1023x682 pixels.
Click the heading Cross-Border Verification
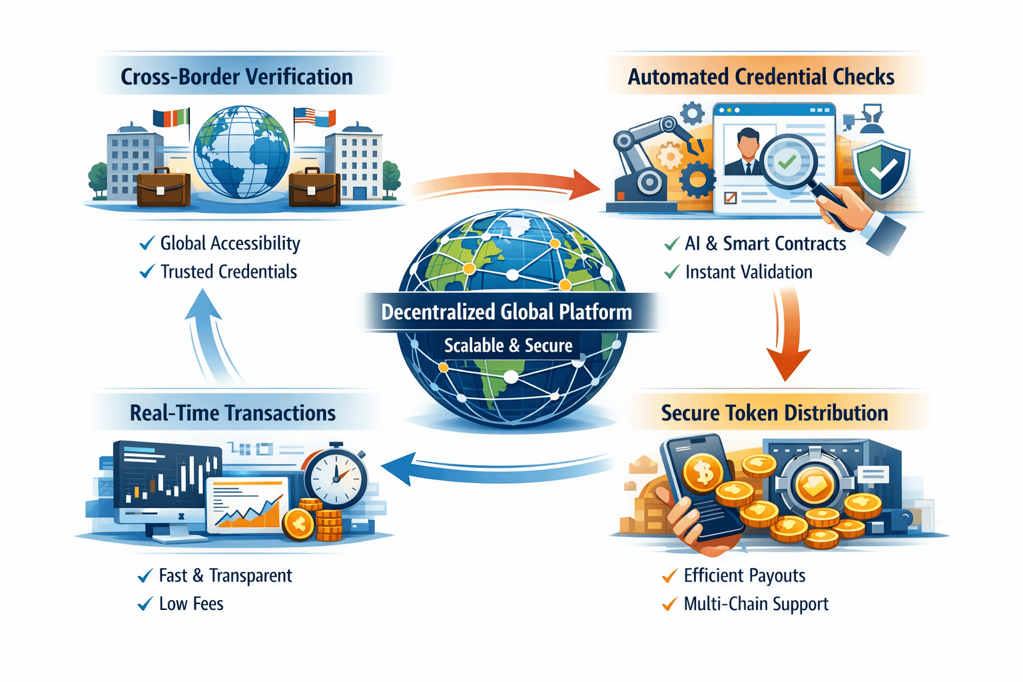[x=236, y=77]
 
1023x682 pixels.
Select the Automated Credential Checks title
[x=761, y=77]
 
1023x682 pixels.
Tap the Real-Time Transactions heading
[x=232, y=413]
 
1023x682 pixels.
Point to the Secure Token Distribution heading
[x=774, y=413]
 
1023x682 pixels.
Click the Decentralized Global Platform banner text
[x=506, y=312]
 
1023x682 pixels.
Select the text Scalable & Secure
[x=508, y=346]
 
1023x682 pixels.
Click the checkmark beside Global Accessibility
[x=147, y=244]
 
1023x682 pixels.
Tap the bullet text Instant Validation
[x=749, y=272]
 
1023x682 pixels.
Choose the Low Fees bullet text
[x=191, y=604]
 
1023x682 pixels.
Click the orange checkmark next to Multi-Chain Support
[x=669, y=605]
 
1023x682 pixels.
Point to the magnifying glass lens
[x=788, y=162]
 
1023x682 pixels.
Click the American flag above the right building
[x=304, y=116]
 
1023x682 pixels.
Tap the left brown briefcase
[x=163, y=188]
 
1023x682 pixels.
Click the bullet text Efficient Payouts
[x=745, y=575]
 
